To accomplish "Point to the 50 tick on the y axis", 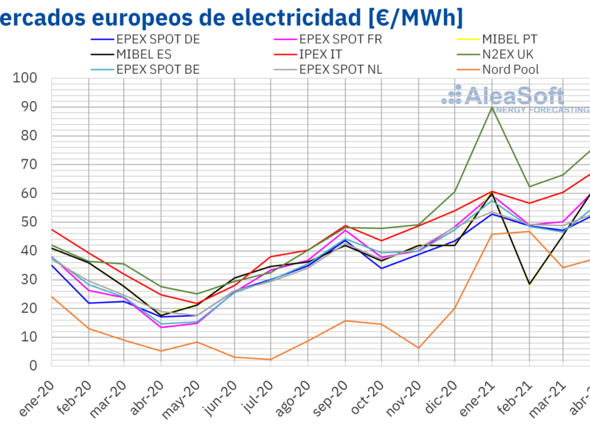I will point(29,222).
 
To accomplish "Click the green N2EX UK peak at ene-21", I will point(491,107).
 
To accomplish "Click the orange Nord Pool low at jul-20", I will point(271,360).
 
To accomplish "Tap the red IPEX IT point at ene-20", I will point(52,229).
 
